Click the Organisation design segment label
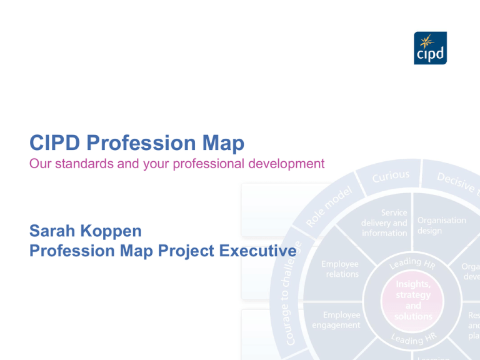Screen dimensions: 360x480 click(441, 226)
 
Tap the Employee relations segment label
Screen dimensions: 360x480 click(341, 269)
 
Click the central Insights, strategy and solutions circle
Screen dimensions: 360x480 click(413, 301)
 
